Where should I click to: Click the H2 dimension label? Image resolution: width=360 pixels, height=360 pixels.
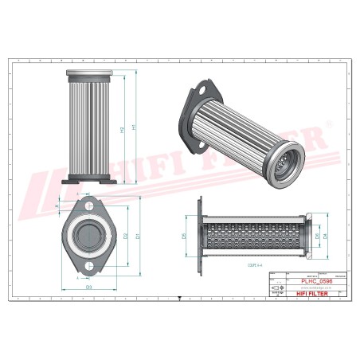pyautogui.click(x=121, y=130)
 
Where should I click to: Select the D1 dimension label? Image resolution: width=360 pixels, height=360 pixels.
pyautogui.click(x=138, y=237)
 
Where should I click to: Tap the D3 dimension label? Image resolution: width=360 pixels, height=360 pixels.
pyautogui.click(x=88, y=286)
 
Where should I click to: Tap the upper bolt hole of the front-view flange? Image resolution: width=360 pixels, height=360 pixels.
pyautogui.click(x=88, y=205)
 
